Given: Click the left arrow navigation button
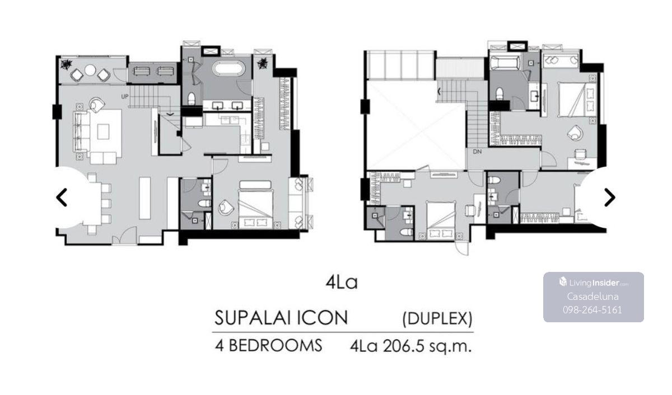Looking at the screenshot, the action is (62, 198).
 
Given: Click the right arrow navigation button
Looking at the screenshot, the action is (609, 198).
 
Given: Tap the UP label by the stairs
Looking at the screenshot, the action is (125, 96).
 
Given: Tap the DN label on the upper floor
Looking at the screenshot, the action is (477, 152).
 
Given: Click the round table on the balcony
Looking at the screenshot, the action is (90, 70).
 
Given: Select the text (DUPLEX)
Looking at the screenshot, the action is (437, 318).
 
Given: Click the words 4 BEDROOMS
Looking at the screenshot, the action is (268, 346).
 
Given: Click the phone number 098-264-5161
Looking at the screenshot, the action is (592, 309).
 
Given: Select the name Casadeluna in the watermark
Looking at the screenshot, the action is (592, 297).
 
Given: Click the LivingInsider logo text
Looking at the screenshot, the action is (594, 283).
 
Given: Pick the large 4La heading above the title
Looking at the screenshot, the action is (342, 282).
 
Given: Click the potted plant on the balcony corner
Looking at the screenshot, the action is (66, 64).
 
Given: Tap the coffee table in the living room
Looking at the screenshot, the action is (103, 131).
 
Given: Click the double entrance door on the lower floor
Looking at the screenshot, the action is (124, 236).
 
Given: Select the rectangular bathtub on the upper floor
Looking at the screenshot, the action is (506, 63).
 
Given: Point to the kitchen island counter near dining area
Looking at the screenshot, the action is (145, 198).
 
